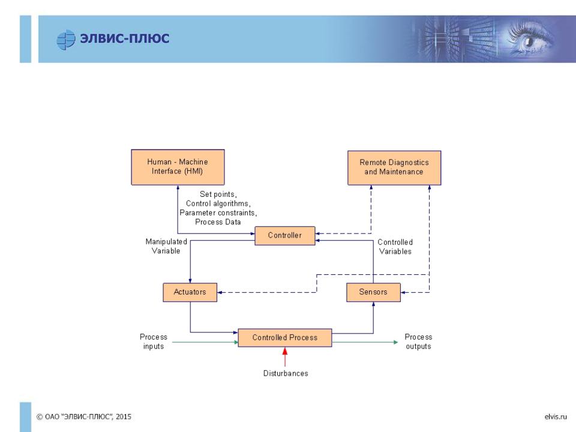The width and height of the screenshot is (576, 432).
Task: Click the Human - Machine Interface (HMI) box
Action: pyautogui.click(x=178, y=167)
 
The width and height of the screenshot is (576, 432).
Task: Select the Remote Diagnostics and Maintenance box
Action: pyautogui.click(x=394, y=168)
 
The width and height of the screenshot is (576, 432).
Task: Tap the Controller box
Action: pyautogui.click(x=285, y=235)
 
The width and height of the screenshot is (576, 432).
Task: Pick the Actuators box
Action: pyautogui.click(x=190, y=292)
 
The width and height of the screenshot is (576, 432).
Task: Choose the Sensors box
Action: pyautogui.click(x=373, y=292)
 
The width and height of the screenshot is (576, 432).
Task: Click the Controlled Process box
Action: pyautogui.click(x=285, y=338)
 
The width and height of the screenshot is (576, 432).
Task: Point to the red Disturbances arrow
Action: pyautogui.click(x=284, y=357)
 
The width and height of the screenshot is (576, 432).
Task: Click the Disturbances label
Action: pyautogui.click(x=286, y=373)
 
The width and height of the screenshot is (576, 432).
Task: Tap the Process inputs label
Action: pyautogui.click(x=154, y=341)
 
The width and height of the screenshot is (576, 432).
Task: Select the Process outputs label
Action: pyautogui.click(x=418, y=341)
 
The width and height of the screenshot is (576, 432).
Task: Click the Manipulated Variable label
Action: pyautogui.click(x=166, y=246)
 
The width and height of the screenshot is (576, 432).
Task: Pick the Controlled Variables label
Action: pyautogui.click(x=395, y=247)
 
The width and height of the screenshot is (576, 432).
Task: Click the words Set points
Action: pyautogui.click(x=217, y=194)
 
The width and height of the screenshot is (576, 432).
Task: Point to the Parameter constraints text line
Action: pyautogui.click(x=218, y=212)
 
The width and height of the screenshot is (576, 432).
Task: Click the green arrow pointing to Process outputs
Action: pyautogui.click(x=365, y=343)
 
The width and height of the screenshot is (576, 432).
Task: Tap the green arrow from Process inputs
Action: pyautogui.click(x=205, y=343)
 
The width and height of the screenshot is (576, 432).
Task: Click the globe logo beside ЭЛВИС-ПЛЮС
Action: pyautogui.click(x=66, y=40)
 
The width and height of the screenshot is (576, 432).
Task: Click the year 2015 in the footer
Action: pyautogui.click(x=124, y=416)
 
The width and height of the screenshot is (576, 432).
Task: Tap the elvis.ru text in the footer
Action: pyautogui.click(x=556, y=416)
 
